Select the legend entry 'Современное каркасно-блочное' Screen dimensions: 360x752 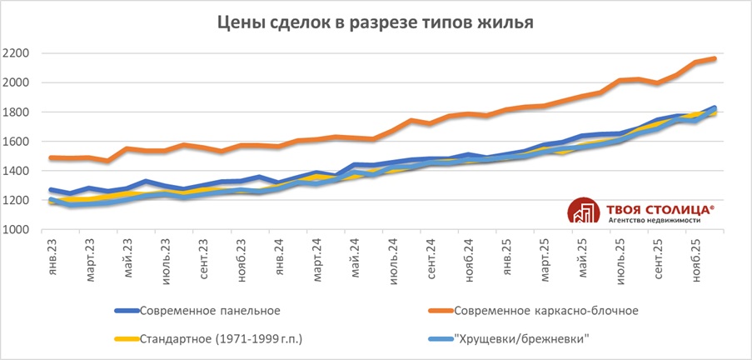545,311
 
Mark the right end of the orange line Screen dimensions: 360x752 715,58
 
